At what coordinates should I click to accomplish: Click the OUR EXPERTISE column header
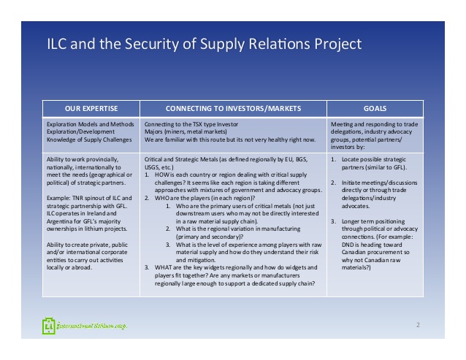click(91, 109)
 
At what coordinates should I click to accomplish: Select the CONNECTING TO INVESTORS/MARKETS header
click(233, 109)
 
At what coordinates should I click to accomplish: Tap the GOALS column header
click(375, 109)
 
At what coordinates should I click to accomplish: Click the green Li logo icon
click(48, 326)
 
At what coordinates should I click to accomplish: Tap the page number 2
click(418, 325)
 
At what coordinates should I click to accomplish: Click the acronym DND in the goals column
click(346, 245)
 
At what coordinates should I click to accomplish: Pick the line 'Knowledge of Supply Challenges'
click(89, 139)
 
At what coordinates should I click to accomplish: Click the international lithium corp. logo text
click(92, 326)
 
